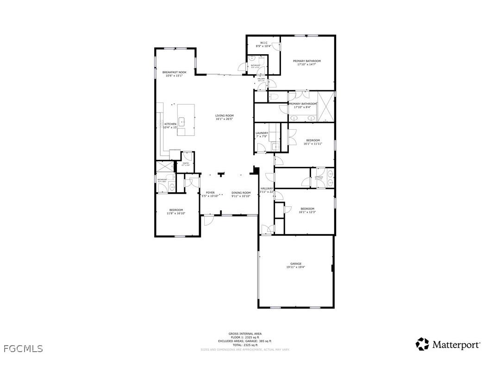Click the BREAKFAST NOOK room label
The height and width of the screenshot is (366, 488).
pos(174,72)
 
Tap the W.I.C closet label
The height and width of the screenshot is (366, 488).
pos(263,43)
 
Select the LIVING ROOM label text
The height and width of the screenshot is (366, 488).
pos(224,115)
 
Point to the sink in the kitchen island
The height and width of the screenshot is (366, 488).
pos(182,122)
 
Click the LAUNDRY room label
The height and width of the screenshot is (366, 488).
pos(262,133)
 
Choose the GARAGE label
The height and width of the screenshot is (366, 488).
pos(296,264)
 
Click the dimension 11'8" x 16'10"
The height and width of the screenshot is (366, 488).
pos(176,214)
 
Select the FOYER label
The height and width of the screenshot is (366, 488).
pos(210,193)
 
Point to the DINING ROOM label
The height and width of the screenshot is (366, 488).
pos(241,193)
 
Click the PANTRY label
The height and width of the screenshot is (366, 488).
pos(186,163)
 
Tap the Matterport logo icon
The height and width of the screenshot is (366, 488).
pos(422,344)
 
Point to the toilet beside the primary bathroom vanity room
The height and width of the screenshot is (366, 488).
pos(273,97)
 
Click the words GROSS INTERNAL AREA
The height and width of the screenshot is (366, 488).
pos(245,334)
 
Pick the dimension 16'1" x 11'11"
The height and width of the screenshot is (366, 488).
pos(313,144)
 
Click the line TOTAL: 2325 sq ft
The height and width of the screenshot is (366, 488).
pos(245,345)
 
